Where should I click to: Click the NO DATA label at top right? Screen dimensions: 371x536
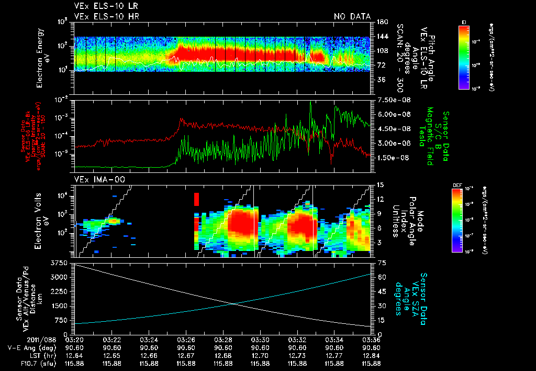click(352, 16)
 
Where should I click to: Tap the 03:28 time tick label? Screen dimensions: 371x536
click(224, 340)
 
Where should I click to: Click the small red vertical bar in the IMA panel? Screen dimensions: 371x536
click(197, 199)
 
